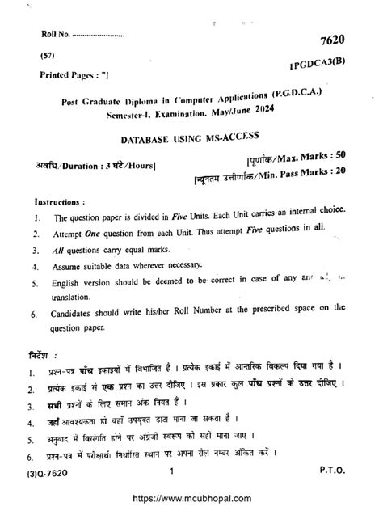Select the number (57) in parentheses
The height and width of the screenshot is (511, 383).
tap(48, 57)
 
